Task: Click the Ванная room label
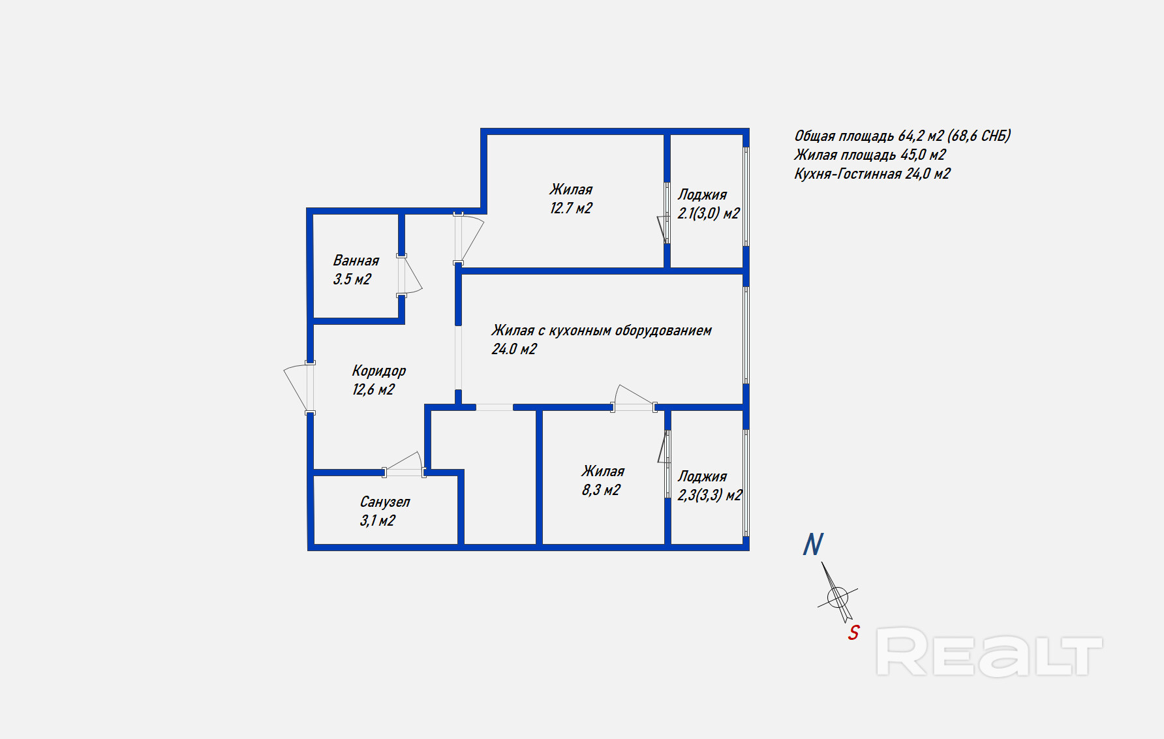356,260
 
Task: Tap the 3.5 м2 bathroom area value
352,279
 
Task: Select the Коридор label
378,370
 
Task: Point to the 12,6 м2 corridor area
373,389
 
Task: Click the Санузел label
384,502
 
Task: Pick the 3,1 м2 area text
377,520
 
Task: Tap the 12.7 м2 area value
571,208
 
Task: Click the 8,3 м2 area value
601,490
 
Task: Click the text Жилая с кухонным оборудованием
601,331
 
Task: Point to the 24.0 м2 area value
514,349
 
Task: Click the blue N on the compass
813,545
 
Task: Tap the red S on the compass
853,632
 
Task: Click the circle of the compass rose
837,596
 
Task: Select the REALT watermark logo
988,652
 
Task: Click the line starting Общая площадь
902,136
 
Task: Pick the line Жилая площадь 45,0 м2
869,155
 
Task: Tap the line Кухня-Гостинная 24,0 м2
872,173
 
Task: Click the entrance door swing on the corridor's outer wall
297,387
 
